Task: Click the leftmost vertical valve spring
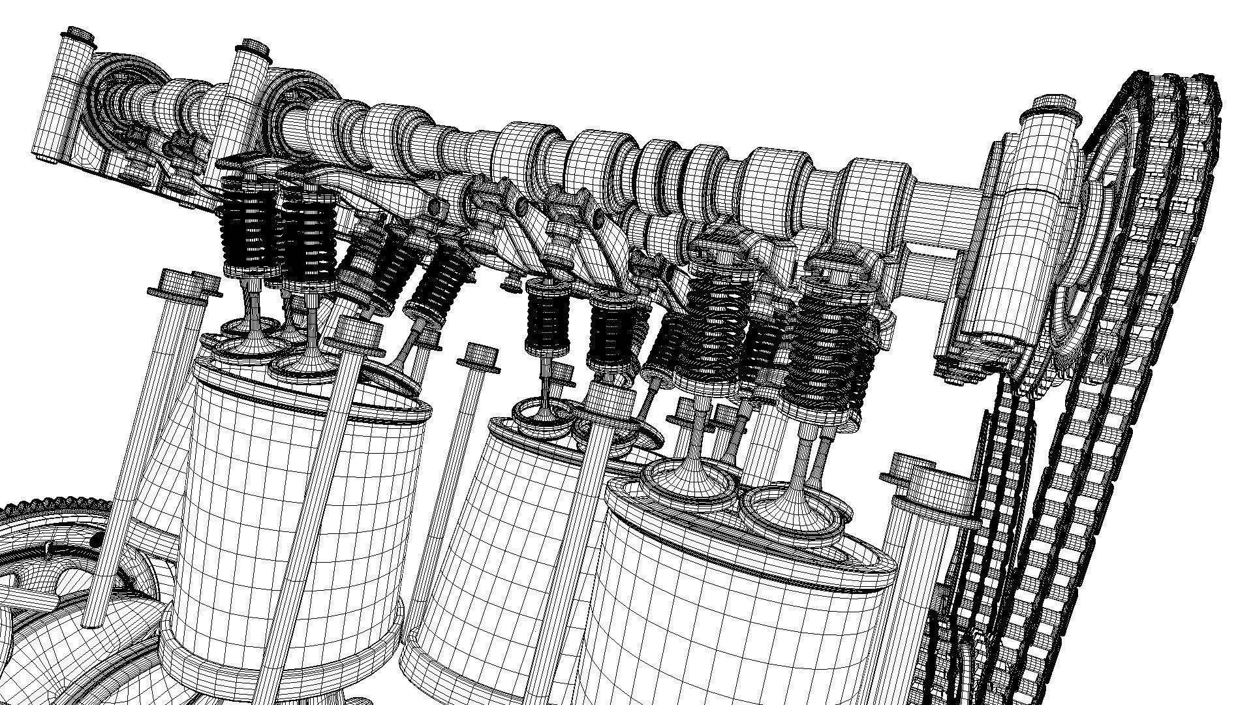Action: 245,222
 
